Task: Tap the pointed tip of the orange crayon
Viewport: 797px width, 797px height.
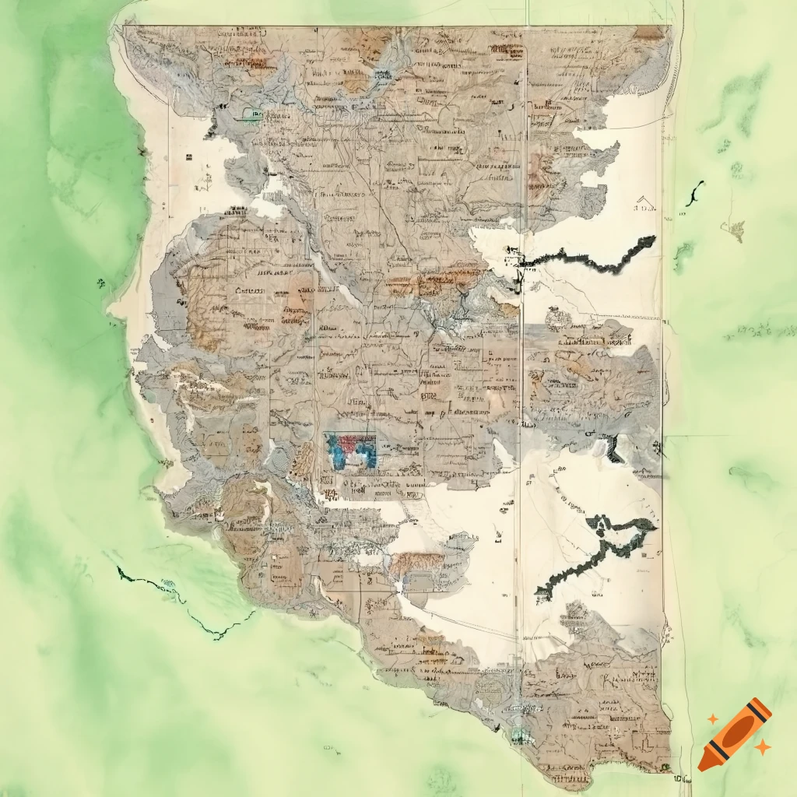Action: pos(704,767)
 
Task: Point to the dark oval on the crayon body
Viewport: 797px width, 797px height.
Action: pos(737,732)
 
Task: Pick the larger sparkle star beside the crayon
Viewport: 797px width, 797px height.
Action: pos(763,747)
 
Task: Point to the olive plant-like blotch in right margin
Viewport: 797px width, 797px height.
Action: pos(732,228)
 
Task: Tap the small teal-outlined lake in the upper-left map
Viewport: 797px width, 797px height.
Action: pos(252,114)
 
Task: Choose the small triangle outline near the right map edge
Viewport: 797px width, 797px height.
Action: pos(644,205)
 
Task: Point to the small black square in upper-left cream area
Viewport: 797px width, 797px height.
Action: pos(188,157)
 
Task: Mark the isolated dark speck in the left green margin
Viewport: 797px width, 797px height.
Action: pos(101,282)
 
